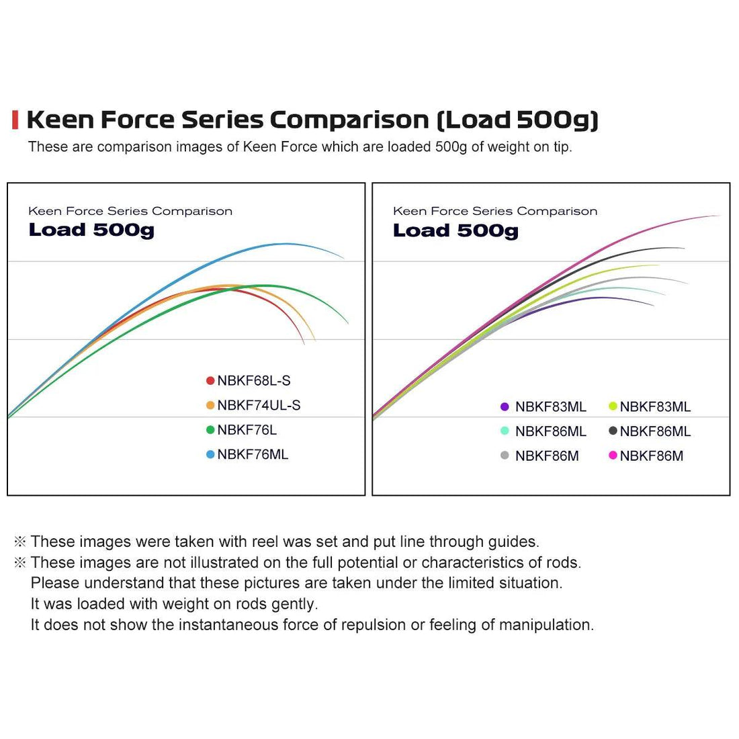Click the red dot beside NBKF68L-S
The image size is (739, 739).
tap(210, 381)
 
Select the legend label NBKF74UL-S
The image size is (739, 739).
tap(259, 405)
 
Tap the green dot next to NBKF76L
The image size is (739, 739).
tap(210, 430)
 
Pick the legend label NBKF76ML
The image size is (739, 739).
tap(253, 455)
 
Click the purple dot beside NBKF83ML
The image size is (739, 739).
tap(505, 406)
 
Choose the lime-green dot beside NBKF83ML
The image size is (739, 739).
tap(613, 406)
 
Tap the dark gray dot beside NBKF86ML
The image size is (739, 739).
tap(613, 431)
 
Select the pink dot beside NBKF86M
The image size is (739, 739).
tap(613, 455)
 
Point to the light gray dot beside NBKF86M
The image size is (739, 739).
tap(505, 455)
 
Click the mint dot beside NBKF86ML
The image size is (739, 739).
tap(505, 431)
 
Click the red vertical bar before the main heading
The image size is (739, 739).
tap(15, 120)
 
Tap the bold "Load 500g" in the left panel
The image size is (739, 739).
tap(91, 230)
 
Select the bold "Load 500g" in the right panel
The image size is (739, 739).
tap(455, 230)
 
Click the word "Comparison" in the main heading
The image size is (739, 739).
tap(349, 120)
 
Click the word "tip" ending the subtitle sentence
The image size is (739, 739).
tap(562, 146)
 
